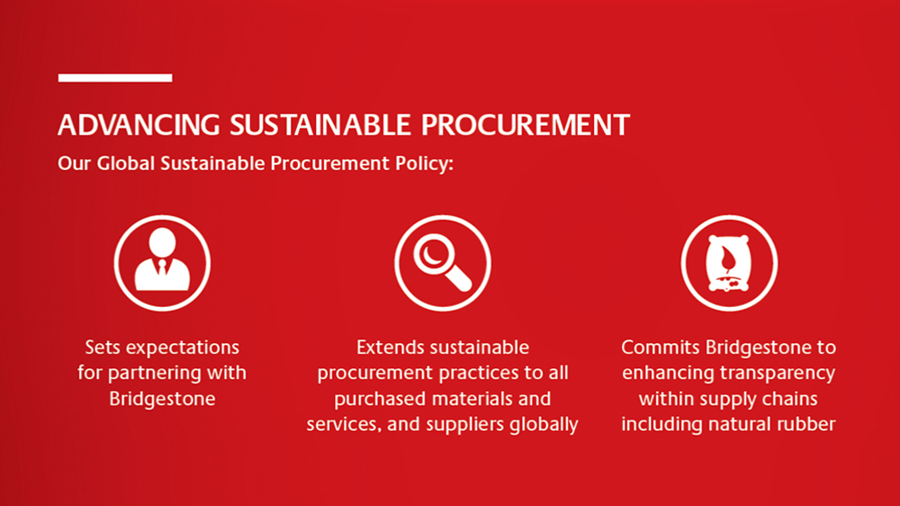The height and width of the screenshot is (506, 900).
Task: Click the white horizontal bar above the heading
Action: (x=115, y=77)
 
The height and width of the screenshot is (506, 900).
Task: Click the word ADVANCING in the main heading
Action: (x=139, y=125)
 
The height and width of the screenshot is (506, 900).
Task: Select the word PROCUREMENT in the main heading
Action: (x=526, y=125)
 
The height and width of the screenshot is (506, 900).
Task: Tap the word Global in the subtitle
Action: (x=126, y=163)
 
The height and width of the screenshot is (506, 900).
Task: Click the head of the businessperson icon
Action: (x=162, y=240)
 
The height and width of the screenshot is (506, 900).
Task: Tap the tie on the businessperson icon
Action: (x=162, y=269)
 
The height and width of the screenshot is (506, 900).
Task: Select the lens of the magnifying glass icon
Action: (x=434, y=253)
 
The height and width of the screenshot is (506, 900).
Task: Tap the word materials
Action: (x=481, y=399)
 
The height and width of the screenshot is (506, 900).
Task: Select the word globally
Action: (x=545, y=425)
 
